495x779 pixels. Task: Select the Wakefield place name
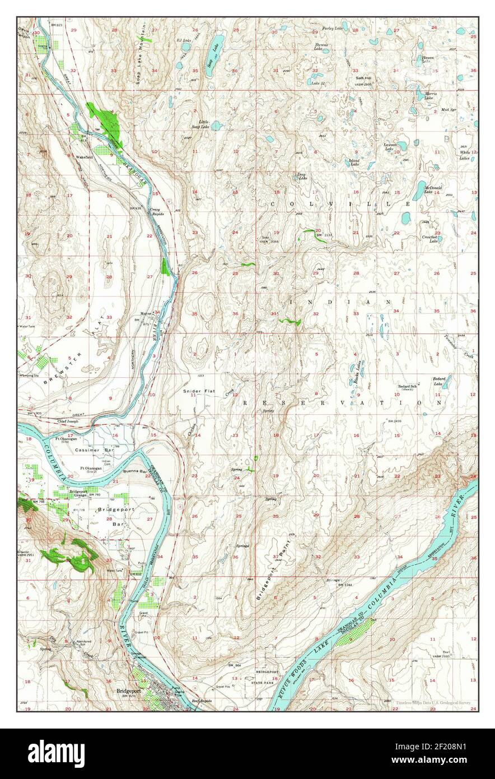pyautogui.click(x=85, y=158)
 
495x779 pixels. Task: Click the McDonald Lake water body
pyautogui.click(x=419, y=191)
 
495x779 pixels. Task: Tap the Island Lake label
pyautogui.click(x=354, y=162)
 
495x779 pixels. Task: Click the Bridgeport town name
pyautogui.click(x=128, y=690)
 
